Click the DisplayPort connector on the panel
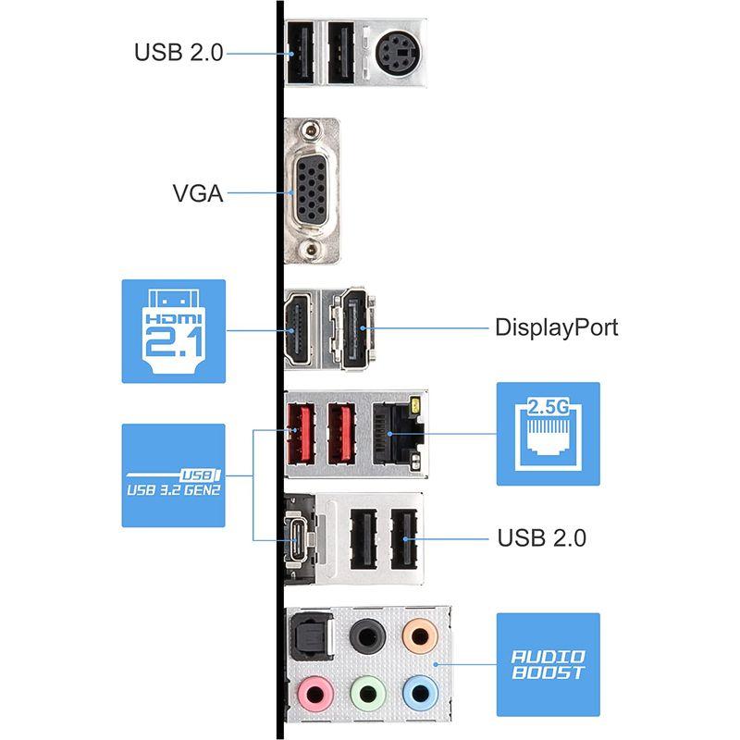(354, 328)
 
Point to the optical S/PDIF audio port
(308, 638)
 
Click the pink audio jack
(315, 692)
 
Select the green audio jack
(365, 692)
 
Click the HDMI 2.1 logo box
(174, 331)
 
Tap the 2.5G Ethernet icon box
(549, 434)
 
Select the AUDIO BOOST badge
(549, 663)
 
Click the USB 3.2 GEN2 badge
(174, 475)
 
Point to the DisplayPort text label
(556, 327)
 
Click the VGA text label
(197, 194)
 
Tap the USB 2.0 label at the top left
(179, 52)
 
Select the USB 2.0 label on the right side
(541, 537)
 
